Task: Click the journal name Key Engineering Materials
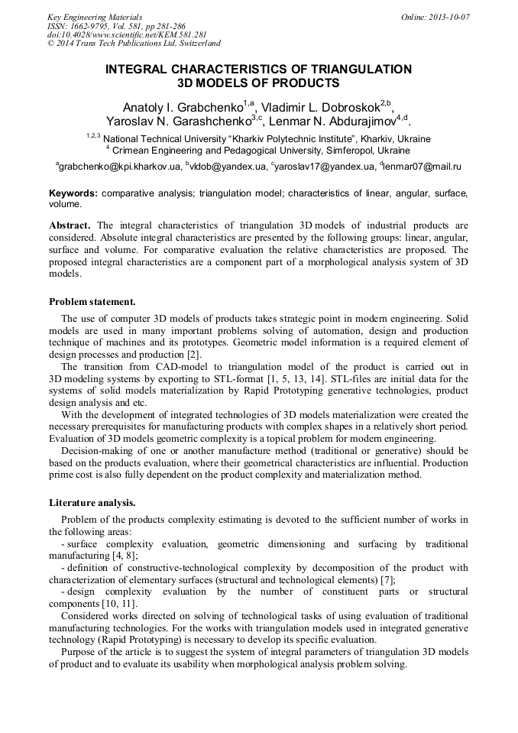click(x=95, y=17)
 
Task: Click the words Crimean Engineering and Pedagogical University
click(x=218, y=151)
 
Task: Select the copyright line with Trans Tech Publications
click(x=134, y=44)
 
